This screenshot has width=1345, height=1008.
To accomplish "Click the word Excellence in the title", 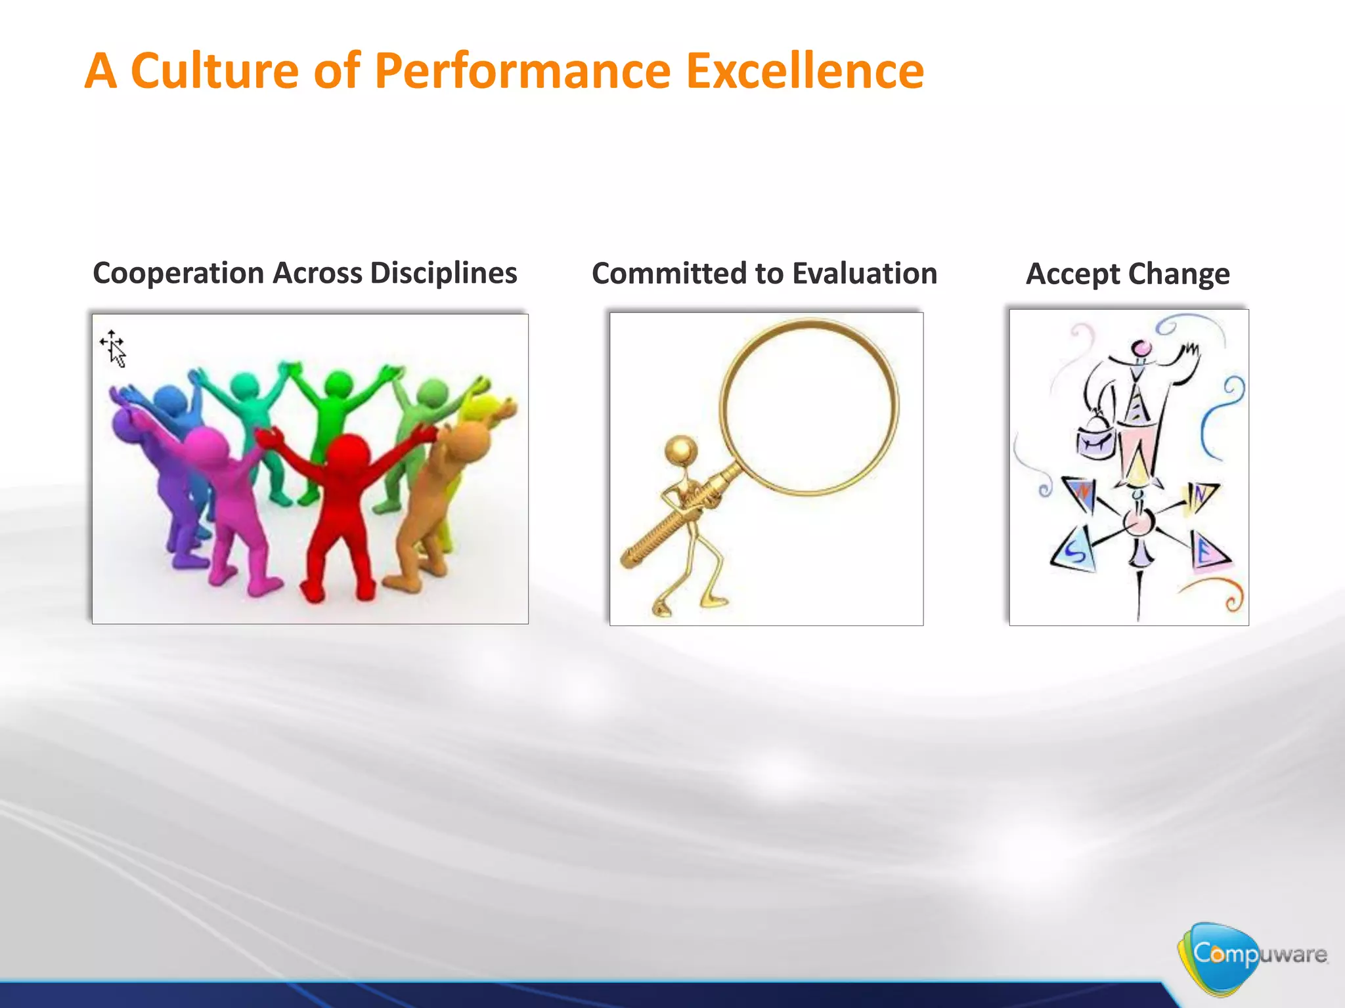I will pyautogui.click(x=805, y=71).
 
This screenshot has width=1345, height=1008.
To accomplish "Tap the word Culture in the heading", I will pyautogui.click(x=215, y=71).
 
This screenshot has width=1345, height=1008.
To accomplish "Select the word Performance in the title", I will pyautogui.click(x=523, y=71).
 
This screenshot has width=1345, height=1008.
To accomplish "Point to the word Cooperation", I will pyautogui.click(x=179, y=273).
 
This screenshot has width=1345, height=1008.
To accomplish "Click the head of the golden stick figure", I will pyautogui.click(x=680, y=450).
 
